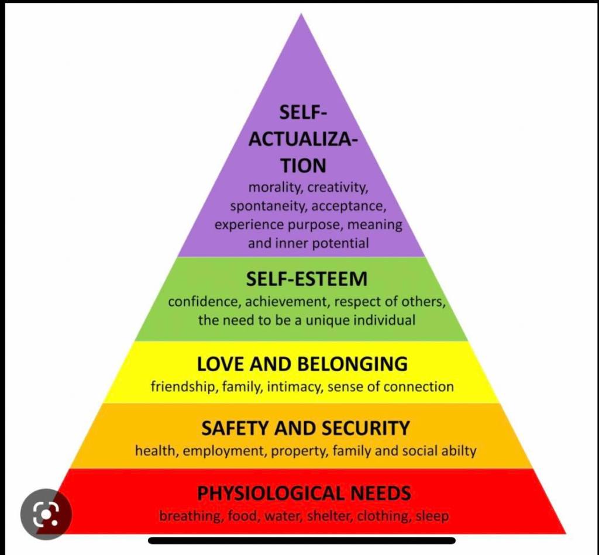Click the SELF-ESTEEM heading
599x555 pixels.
click(307, 279)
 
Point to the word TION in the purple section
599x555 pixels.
click(302, 166)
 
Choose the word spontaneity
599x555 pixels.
click(268, 206)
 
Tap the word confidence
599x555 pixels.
click(204, 302)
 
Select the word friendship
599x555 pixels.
click(183, 387)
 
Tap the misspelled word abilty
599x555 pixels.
click(458, 451)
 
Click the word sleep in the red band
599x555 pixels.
click(432, 516)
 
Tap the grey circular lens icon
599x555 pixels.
click(46, 514)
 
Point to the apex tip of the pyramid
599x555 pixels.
click(301, 15)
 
